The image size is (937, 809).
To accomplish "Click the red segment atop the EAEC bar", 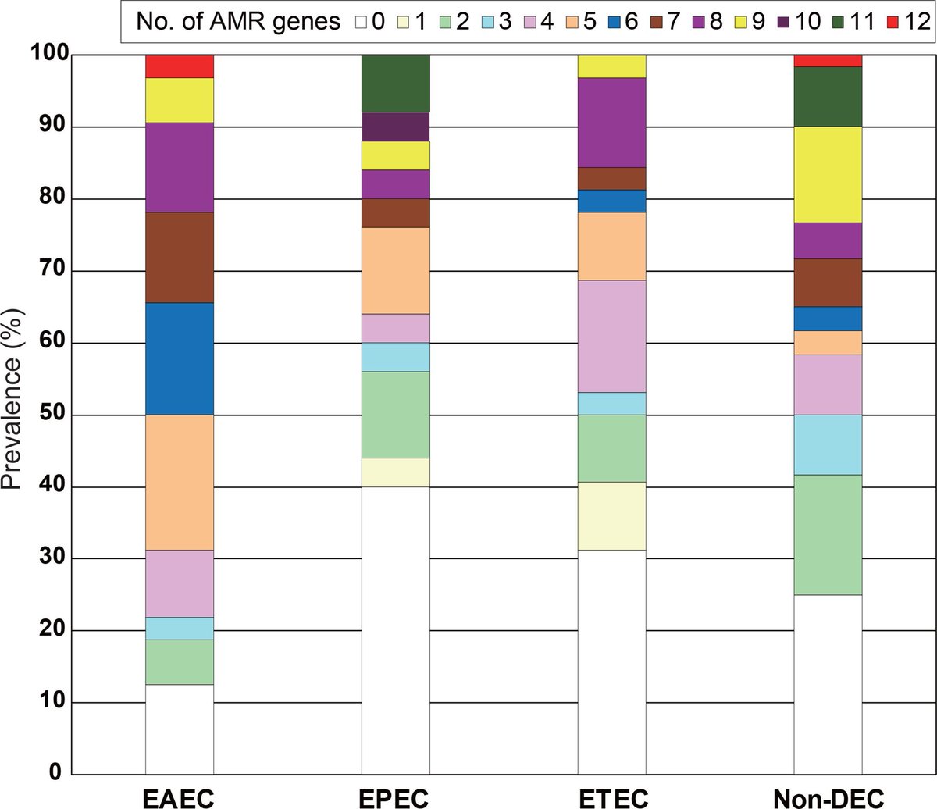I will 180,66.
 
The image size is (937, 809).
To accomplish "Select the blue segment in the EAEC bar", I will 180,358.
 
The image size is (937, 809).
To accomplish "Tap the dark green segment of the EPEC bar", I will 395,84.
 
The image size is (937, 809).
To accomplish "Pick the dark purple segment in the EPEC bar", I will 395,127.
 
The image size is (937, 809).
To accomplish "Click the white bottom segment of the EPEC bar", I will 395,630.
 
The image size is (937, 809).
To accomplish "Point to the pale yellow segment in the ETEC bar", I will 611,516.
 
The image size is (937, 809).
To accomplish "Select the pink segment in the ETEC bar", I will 611,336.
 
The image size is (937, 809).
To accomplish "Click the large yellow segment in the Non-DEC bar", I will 828,174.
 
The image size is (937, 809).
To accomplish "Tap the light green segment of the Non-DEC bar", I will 828,535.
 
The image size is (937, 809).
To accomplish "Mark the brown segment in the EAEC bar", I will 180,257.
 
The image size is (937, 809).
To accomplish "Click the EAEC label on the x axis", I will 180,797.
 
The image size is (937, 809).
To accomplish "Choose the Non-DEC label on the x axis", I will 828,797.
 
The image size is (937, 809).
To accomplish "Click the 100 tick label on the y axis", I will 48,55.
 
